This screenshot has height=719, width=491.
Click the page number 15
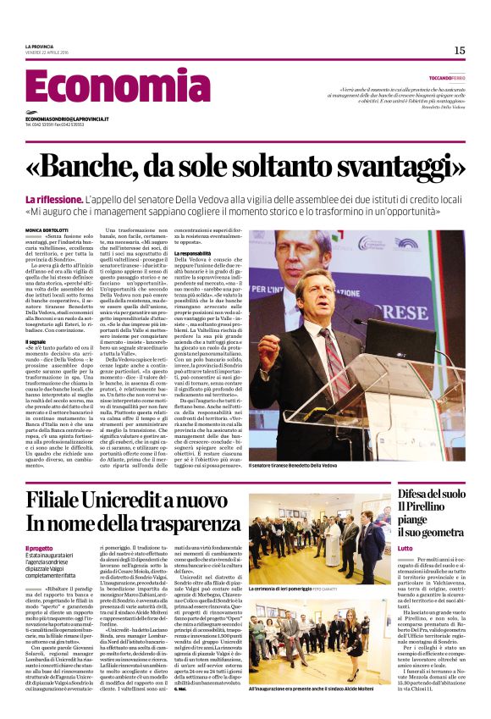click(x=459, y=50)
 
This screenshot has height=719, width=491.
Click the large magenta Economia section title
click(x=93, y=88)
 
